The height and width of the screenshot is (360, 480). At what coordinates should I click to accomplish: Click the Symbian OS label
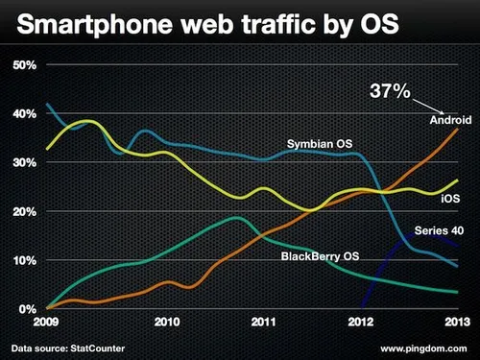[x=318, y=144]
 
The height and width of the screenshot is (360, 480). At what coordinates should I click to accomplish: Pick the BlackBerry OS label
[x=321, y=257]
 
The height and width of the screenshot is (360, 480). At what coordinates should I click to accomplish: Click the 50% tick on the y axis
[x=24, y=65]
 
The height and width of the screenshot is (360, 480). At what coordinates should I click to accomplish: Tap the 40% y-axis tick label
[x=24, y=114]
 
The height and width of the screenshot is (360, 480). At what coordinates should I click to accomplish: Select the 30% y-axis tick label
[x=24, y=163]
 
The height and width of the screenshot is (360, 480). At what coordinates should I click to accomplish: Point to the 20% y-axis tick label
[x=24, y=212]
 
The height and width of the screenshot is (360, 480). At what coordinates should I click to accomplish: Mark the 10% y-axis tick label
[x=24, y=261]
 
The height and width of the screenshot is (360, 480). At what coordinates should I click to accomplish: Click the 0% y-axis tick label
[x=27, y=310]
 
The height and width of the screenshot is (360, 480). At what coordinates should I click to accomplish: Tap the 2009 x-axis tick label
[x=47, y=323]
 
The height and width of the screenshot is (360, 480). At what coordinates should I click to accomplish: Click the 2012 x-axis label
[x=360, y=323]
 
